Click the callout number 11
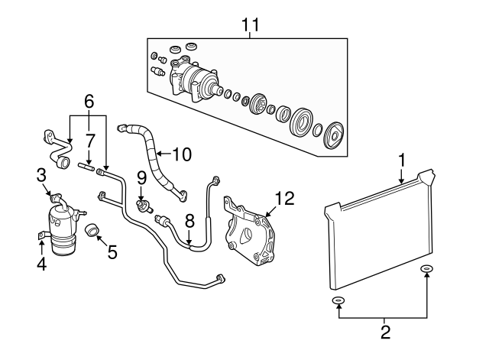pyautogui.click(x=250, y=24)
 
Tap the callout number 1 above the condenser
pyautogui.click(x=403, y=160)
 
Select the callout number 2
pyautogui.click(x=385, y=332)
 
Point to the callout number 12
pyautogui.click(x=285, y=199)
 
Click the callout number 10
pyautogui.click(x=182, y=154)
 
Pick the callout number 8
pyautogui.click(x=189, y=222)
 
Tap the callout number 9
pyautogui.click(x=141, y=178)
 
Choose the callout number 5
pyautogui.click(x=112, y=252)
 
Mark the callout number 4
pyautogui.click(x=41, y=264)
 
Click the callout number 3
pyautogui.click(x=41, y=175)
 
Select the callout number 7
pyautogui.click(x=90, y=141)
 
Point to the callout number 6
pyautogui.click(x=89, y=102)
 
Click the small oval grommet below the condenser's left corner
pyautogui.click(x=338, y=300)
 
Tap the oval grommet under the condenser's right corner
pyautogui.click(x=426, y=268)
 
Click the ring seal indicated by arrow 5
pyautogui.click(x=92, y=229)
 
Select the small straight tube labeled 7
pyautogui.click(x=86, y=167)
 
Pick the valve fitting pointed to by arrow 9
pyautogui.click(x=144, y=206)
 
